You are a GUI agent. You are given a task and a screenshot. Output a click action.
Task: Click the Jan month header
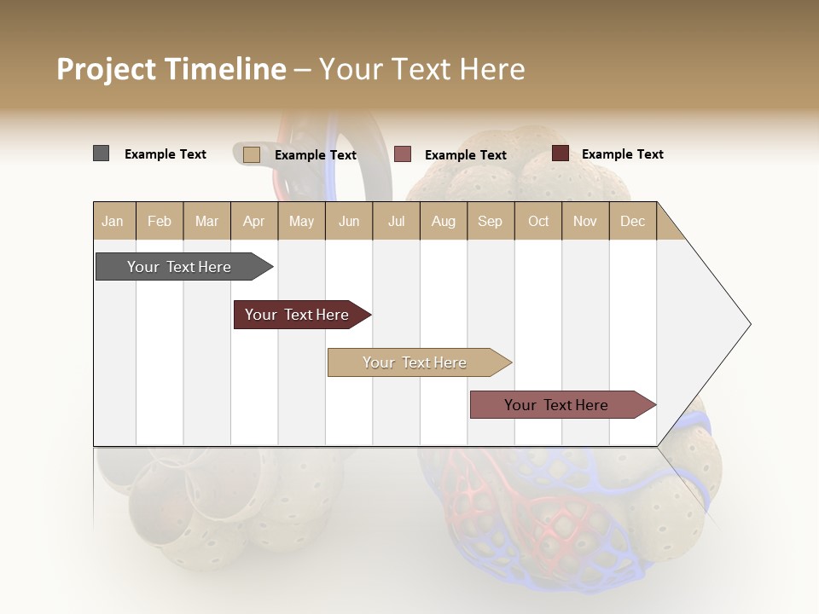113,221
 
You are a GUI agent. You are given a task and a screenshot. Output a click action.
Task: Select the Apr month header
254,221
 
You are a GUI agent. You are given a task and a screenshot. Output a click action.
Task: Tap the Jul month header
396,221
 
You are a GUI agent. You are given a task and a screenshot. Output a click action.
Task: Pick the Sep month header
490,221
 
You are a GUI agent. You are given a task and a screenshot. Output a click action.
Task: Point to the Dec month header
632,221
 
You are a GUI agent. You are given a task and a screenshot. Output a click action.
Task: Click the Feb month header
160,221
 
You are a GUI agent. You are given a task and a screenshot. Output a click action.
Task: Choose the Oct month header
538,221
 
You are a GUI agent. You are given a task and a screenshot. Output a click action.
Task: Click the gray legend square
101,153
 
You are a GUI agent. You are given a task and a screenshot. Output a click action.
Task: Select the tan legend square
251,154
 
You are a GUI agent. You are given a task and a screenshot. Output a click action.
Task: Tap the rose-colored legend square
403,154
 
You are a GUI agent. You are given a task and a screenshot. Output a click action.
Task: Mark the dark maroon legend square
561,153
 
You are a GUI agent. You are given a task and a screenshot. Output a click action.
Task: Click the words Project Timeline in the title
171,69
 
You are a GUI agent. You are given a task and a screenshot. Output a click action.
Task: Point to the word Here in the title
492,69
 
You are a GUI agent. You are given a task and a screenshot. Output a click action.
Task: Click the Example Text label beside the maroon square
622,154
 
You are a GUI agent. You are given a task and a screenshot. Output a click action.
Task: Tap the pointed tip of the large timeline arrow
748,324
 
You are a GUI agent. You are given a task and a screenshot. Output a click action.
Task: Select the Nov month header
585,221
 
